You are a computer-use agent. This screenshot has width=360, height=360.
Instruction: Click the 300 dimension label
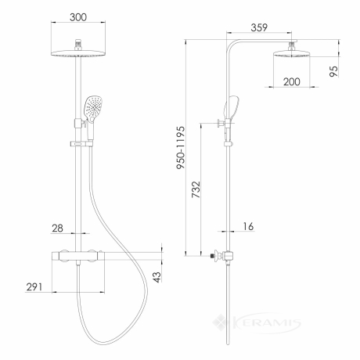78,17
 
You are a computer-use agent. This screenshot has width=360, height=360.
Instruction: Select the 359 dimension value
259,27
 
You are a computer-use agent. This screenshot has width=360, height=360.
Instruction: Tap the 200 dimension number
292,81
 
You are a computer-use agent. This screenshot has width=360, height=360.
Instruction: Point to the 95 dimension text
333,71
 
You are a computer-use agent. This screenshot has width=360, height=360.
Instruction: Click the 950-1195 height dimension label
181,148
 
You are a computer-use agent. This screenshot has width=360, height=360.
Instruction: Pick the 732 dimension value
196,189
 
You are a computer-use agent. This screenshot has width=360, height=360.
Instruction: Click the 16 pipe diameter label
248,226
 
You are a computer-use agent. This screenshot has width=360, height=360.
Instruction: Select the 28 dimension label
57,229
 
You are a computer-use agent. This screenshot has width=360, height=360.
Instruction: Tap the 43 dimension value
157,277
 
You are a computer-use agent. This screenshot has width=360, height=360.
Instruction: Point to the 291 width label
34,287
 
